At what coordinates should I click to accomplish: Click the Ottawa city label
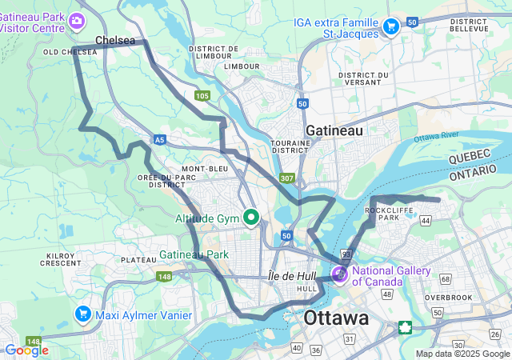point(336,318)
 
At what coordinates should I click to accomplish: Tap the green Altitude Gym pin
point(251,217)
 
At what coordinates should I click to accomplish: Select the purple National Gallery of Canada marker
point(340,274)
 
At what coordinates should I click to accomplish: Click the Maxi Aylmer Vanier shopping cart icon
point(83,314)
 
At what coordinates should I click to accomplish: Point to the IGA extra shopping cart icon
point(390,26)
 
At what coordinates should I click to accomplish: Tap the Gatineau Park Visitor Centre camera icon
point(78,20)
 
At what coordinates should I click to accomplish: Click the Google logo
point(26,350)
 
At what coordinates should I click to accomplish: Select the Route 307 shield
point(287,178)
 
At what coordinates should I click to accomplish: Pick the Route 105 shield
point(202,96)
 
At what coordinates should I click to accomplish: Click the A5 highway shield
point(161,139)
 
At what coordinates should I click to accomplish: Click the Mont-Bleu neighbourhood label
point(205,169)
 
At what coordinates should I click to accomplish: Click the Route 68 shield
point(445,278)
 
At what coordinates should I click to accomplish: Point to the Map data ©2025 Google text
point(462,354)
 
